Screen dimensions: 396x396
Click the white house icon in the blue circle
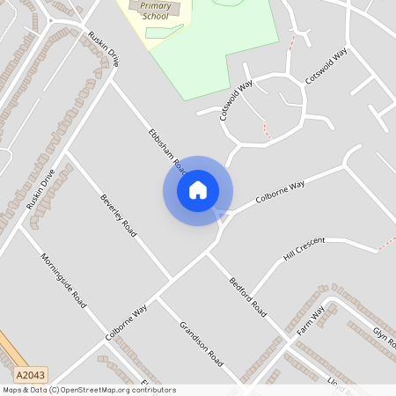coord(198,190)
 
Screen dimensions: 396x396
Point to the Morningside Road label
coord(62,280)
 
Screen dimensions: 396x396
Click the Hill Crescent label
coord(304,249)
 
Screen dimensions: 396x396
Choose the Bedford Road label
coord(248,298)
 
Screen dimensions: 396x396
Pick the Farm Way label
coord(311,321)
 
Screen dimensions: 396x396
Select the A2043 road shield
coord(30,374)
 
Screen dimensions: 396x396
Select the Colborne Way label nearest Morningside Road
coord(127,323)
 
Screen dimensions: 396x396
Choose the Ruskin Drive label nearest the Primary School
coord(102,50)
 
